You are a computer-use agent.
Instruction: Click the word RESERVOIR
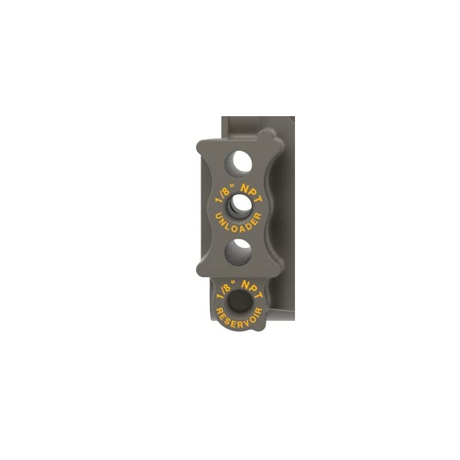point(239,319)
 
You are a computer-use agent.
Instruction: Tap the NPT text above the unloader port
point(251,193)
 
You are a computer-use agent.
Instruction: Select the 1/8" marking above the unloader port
point(225,194)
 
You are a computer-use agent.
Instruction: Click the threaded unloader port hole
point(240,206)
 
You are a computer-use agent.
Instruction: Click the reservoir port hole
point(240,301)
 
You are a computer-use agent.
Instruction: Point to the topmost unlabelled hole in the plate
point(238,164)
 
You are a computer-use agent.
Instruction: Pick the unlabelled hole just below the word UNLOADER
point(238,252)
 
